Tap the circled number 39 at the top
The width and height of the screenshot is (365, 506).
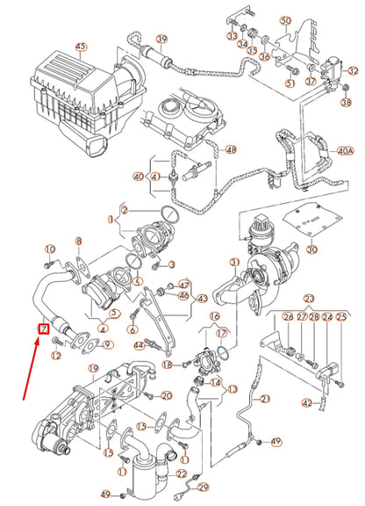(161, 40)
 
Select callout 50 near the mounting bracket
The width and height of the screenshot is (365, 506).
(285, 20)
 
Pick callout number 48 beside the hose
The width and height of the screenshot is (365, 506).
(206, 150)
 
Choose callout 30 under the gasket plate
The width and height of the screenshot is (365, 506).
(311, 250)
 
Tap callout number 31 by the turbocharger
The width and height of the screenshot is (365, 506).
(234, 263)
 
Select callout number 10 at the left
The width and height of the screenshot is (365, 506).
(50, 249)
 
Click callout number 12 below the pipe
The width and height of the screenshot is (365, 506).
(55, 355)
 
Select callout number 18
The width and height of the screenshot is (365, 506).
(168, 364)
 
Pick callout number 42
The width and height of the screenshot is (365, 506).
(306, 403)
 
